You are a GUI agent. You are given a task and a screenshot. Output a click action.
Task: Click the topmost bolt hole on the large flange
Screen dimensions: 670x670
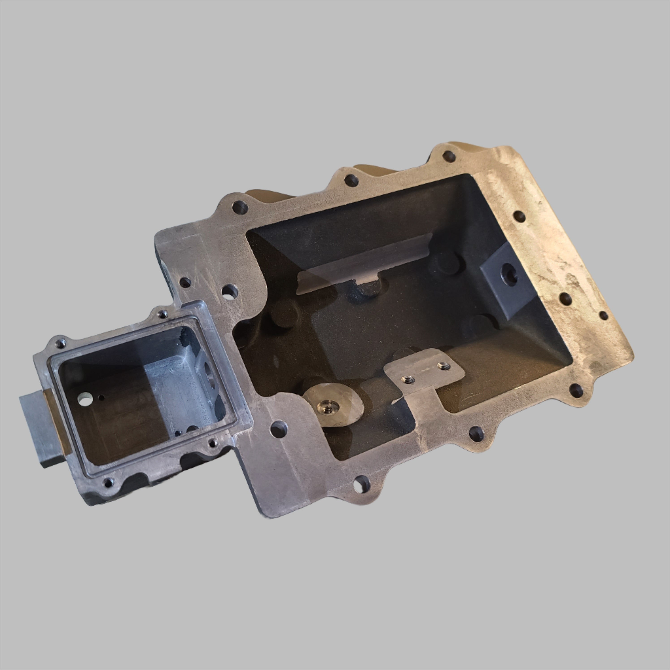click(x=449, y=156)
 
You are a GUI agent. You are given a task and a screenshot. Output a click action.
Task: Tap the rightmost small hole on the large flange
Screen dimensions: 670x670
click(x=603, y=315)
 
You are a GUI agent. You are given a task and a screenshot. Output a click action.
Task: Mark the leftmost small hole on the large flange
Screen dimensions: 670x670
click(x=185, y=282)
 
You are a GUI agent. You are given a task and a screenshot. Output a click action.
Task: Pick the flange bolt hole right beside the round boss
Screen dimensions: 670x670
click(x=279, y=429)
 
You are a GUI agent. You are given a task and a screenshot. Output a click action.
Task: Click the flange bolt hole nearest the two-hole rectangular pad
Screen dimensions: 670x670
click(x=476, y=434)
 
